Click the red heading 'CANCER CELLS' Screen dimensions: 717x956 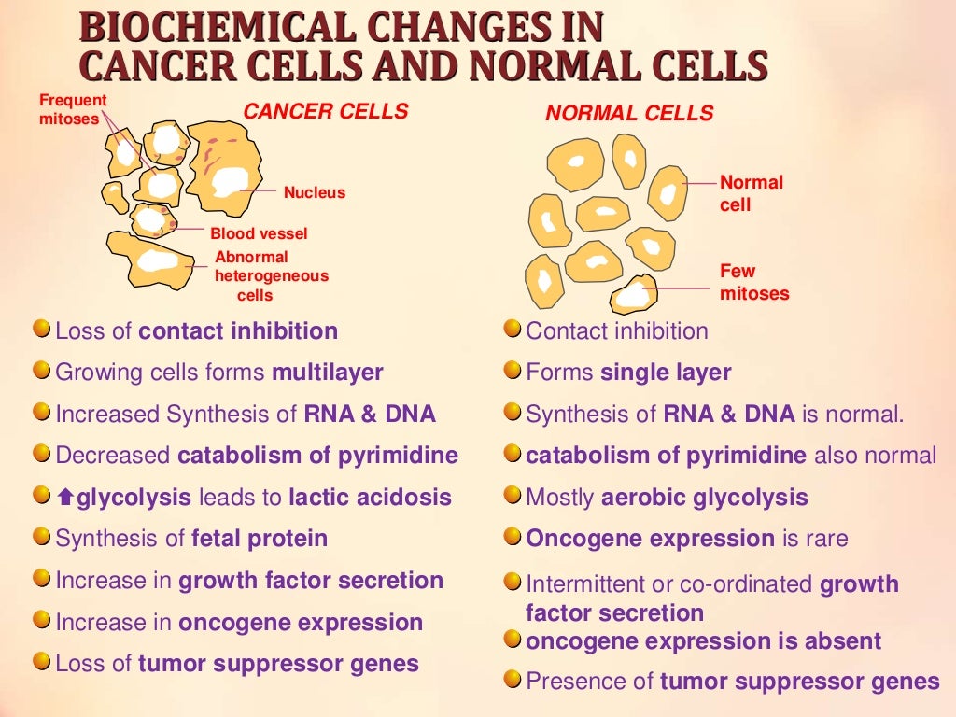point(325,112)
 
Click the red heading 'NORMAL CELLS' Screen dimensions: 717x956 point(629,114)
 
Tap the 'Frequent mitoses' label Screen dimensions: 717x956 point(73,109)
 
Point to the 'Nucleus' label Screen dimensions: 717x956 point(315,193)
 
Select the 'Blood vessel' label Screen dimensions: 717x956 point(259,233)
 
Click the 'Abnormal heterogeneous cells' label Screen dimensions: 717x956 point(271,275)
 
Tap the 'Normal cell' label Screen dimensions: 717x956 point(751,192)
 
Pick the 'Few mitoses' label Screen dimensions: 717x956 point(753,282)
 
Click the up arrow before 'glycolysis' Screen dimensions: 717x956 point(65,499)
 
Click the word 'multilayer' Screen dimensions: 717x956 point(327,373)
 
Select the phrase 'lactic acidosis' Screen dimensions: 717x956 point(370,498)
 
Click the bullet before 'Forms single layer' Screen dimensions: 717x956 point(513,372)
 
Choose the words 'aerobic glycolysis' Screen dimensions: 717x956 point(704,498)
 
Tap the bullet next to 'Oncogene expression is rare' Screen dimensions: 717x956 point(513,538)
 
